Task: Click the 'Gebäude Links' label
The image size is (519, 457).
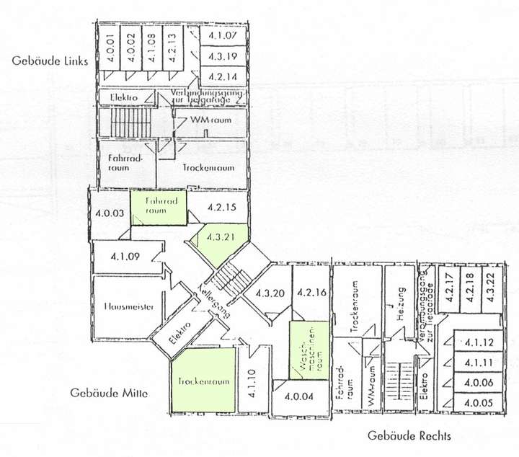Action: (x=50, y=61)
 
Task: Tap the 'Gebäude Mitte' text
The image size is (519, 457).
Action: (x=109, y=393)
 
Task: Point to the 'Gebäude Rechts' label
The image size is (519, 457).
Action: (x=409, y=435)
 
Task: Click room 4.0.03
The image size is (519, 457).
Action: (x=110, y=213)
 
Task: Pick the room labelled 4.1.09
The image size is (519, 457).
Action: (x=125, y=255)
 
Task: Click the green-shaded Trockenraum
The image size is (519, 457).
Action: (x=204, y=379)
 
